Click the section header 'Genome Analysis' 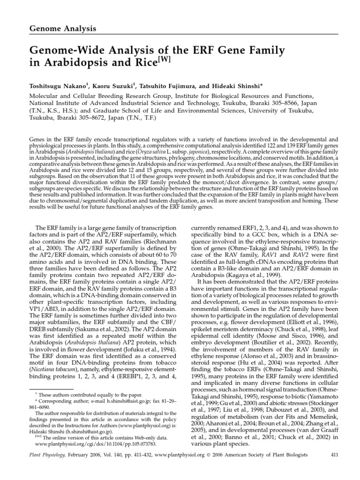click(x=63, y=29)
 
